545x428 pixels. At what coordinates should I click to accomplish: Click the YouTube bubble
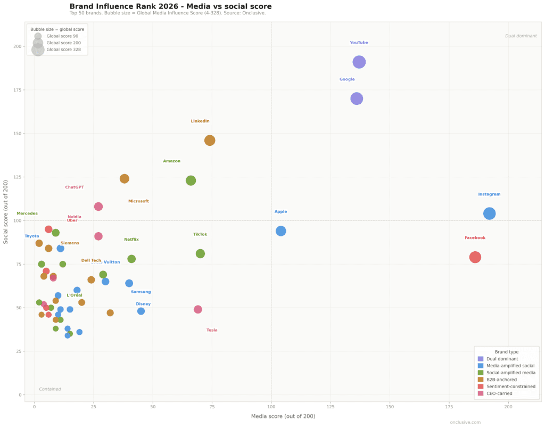(x=359, y=62)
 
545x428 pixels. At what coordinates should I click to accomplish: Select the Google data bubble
(x=357, y=98)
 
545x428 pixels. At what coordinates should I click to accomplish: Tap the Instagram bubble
(x=489, y=213)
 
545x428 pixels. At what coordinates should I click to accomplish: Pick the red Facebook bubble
(x=475, y=257)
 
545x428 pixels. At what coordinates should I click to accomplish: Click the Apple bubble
(x=280, y=231)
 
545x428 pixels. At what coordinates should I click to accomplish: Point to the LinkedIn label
(x=200, y=121)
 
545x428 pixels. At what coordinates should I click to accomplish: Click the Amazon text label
(x=171, y=161)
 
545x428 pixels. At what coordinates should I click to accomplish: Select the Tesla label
(x=212, y=331)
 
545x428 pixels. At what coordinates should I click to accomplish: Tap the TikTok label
(x=200, y=235)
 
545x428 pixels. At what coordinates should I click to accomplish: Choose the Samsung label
(x=141, y=292)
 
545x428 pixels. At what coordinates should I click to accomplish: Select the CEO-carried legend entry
(x=501, y=393)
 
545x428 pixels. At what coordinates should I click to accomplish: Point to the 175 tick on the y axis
(x=17, y=90)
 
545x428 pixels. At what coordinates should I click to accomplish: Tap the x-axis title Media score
(x=283, y=416)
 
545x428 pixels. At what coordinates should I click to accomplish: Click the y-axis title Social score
(x=6, y=212)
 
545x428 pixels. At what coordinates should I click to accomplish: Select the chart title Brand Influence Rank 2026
(x=170, y=6)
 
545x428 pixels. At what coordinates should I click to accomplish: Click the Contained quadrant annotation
(x=50, y=389)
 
